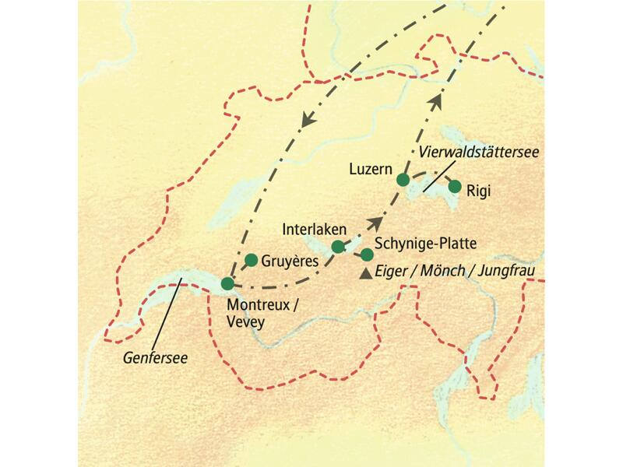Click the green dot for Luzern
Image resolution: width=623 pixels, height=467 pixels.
click(x=403, y=180)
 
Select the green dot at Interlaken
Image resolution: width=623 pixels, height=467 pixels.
click(x=338, y=247)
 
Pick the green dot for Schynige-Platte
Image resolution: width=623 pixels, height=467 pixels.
click(x=367, y=255)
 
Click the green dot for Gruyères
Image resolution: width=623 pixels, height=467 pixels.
click(x=251, y=260)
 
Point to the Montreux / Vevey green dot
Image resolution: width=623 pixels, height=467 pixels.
click(x=227, y=283)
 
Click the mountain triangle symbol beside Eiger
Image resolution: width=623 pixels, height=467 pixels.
click(x=366, y=273)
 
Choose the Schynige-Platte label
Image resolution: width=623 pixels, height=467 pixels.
click(x=425, y=244)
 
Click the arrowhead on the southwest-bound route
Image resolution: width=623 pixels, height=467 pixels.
click(x=308, y=120)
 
